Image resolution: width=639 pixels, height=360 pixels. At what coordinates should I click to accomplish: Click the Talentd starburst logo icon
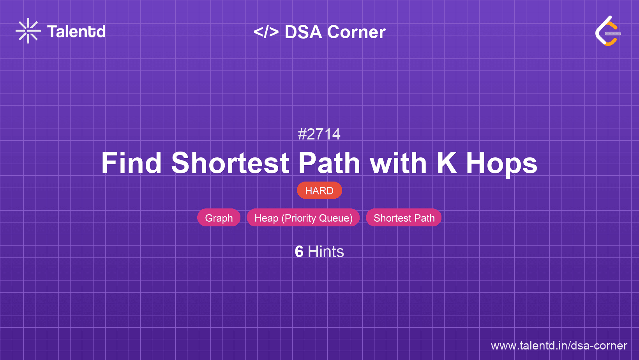coord(28,31)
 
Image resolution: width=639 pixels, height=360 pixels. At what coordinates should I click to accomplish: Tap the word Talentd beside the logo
coord(76,32)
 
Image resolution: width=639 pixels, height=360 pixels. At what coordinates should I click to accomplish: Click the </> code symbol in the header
coord(266,32)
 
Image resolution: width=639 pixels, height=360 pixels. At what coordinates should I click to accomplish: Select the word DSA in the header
coord(304,32)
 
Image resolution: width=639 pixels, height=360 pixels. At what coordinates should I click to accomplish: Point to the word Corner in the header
coord(356,32)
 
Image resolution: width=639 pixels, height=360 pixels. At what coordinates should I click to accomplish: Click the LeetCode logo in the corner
coord(608,31)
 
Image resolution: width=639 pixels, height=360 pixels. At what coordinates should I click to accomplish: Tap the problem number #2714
coord(319,134)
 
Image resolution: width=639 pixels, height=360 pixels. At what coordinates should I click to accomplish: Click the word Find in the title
coord(132,163)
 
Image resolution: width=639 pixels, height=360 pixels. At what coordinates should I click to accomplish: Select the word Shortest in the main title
coord(230,163)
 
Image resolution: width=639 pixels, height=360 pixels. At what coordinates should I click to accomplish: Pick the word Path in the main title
coord(329,163)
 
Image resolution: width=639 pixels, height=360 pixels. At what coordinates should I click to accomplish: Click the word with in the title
coord(398,163)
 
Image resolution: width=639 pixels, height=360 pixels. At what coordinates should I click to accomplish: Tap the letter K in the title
coord(447,163)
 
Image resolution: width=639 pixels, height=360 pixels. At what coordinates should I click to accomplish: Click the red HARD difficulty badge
coord(319,190)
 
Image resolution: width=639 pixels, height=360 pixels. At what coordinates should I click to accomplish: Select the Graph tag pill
coord(219,218)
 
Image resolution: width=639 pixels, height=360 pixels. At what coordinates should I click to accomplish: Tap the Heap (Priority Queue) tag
coord(303,218)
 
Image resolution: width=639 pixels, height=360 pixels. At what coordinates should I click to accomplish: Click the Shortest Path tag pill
coord(404,218)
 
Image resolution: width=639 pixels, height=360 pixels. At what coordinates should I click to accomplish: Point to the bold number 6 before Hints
coord(299,252)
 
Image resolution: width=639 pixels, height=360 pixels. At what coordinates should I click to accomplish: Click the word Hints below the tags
coord(326,252)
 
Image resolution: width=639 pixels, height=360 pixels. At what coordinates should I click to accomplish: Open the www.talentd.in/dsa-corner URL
coord(559,346)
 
